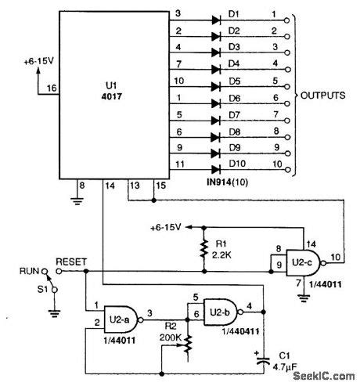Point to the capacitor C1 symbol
pos(266,359)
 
